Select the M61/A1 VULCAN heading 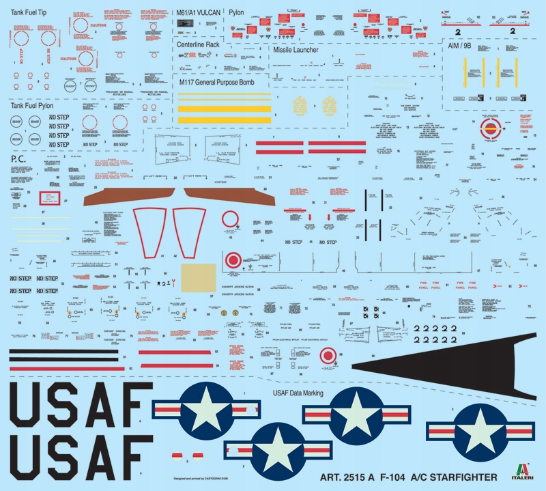point(199,13)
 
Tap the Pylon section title point(237,13)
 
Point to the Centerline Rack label point(203,44)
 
